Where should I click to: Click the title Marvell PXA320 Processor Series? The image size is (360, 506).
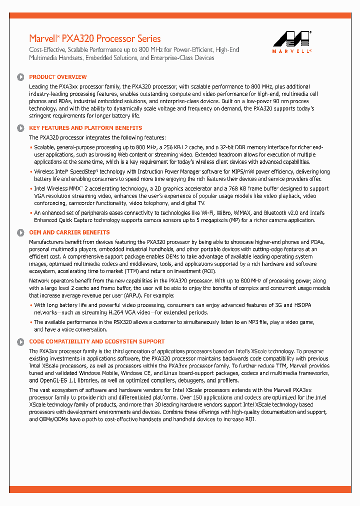click(x=95, y=38)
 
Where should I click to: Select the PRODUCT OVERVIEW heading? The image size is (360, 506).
click(x=57, y=77)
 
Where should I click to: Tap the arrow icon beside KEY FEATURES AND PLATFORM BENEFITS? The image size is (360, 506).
click(x=20, y=128)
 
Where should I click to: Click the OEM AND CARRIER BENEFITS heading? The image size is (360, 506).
click(x=69, y=232)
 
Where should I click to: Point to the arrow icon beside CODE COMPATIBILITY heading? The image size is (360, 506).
click(x=20, y=342)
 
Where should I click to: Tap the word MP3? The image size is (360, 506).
click(x=256, y=322)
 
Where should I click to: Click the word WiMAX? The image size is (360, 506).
click(x=229, y=213)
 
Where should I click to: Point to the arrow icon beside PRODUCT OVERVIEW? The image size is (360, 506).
click(x=20, y=77)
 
